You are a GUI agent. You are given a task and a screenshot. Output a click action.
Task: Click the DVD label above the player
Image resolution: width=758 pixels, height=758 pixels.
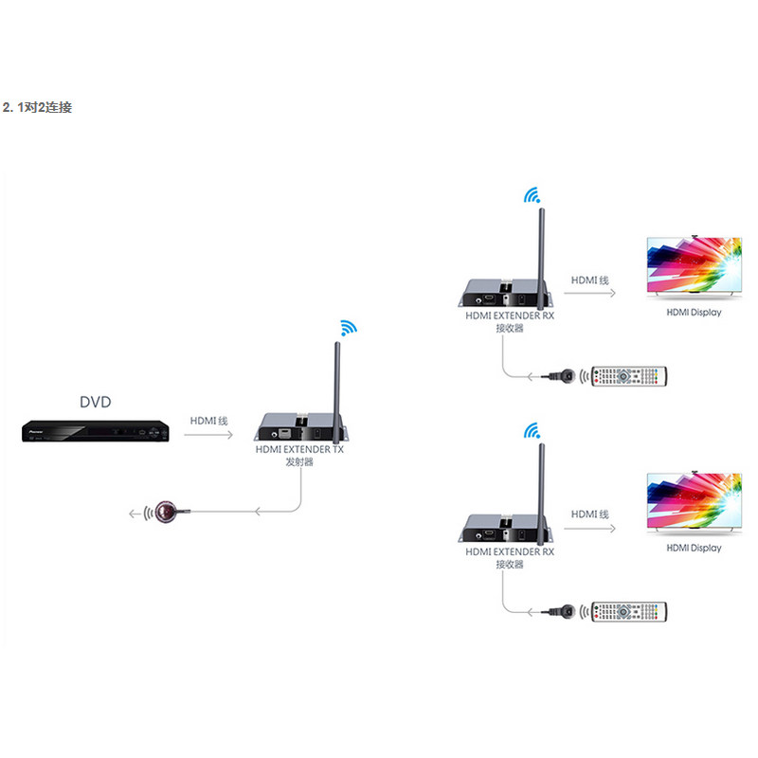click(96, 402)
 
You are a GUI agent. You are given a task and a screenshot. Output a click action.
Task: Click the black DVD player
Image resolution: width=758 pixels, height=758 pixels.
click(96, 431)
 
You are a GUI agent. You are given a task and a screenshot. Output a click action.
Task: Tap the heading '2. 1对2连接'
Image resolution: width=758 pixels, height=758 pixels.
click(37, 107)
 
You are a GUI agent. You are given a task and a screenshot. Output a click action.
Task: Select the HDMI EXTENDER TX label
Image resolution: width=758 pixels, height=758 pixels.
click(299, 449)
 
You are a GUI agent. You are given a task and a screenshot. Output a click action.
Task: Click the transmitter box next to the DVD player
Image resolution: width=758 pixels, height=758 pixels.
click(300, 426)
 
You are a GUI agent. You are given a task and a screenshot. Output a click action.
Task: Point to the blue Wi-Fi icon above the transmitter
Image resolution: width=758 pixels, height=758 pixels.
click(348, 327)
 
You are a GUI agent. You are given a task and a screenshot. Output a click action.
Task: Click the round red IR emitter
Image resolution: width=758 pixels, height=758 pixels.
click(166, 513)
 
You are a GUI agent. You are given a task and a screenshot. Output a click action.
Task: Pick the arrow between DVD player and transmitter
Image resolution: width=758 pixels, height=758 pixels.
click(208, 435)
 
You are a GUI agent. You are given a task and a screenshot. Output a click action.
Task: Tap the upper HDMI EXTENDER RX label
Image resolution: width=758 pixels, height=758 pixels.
click(510, 316)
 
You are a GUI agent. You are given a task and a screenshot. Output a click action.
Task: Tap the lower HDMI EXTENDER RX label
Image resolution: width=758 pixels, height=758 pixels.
click(510, 551)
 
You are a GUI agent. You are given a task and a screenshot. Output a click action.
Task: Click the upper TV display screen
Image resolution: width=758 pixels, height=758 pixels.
click(695, 265)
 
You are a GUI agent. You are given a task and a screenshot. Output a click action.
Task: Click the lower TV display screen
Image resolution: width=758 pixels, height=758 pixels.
click(695, 501)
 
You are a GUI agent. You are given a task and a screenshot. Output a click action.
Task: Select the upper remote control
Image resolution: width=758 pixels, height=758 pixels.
click(629, 376)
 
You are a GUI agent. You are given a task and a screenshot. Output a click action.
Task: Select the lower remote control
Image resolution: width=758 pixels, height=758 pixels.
click(629, 612)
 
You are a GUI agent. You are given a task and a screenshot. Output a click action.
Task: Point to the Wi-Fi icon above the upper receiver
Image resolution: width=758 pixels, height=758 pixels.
click(532, 195)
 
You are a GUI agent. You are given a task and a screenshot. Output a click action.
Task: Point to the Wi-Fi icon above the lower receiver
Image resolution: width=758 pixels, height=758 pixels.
click(532, 430)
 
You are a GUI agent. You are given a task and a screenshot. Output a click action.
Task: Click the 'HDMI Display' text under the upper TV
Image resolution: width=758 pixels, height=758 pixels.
click(694, 313)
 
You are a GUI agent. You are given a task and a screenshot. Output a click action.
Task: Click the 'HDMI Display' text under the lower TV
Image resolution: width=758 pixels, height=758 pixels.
click(694, 548)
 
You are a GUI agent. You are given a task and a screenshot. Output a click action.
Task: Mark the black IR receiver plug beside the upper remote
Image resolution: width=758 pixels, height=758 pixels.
click(562, 375)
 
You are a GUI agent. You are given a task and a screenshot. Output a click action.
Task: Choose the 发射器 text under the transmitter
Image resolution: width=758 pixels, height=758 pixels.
click(299, 462)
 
